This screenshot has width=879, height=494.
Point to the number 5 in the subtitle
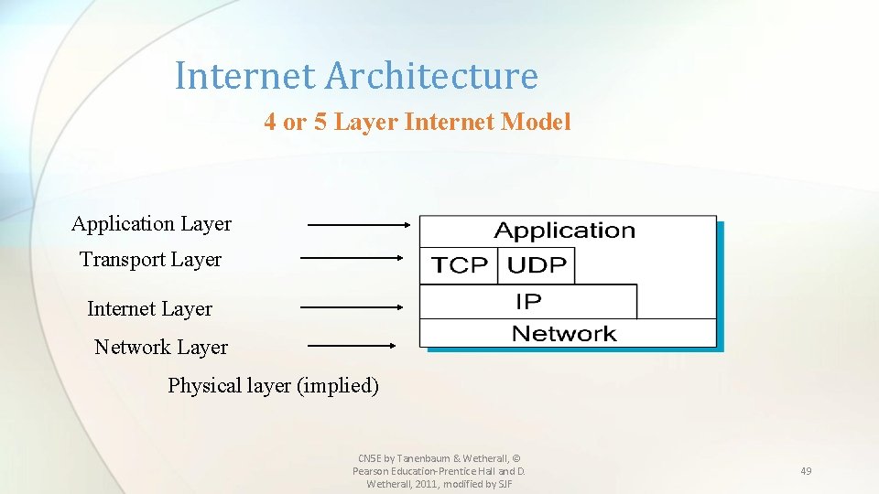tap(320, 122)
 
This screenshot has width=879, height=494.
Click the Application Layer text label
tap(151, 224)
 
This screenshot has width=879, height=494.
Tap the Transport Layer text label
tap(151, 260)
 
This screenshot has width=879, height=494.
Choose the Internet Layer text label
tap(149, 309)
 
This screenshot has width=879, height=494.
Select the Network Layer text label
tap(161, 348)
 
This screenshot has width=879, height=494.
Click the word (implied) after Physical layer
tap(336, 386)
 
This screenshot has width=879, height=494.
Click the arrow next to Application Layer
tap(359, 224)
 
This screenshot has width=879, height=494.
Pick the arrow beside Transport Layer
tap(352, 259)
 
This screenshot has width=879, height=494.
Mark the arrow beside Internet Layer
tap(352, 308)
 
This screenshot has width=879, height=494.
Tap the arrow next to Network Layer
tap(352, 346)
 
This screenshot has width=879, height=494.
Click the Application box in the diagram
tap(565, 231)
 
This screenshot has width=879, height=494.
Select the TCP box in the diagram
tap(460, 265)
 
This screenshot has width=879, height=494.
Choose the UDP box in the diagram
tap(537, 265)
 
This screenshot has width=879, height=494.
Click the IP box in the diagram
tap(528, 300)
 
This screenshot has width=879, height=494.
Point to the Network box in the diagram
tap(565, 333)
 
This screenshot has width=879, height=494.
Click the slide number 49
tap(806, 471)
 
